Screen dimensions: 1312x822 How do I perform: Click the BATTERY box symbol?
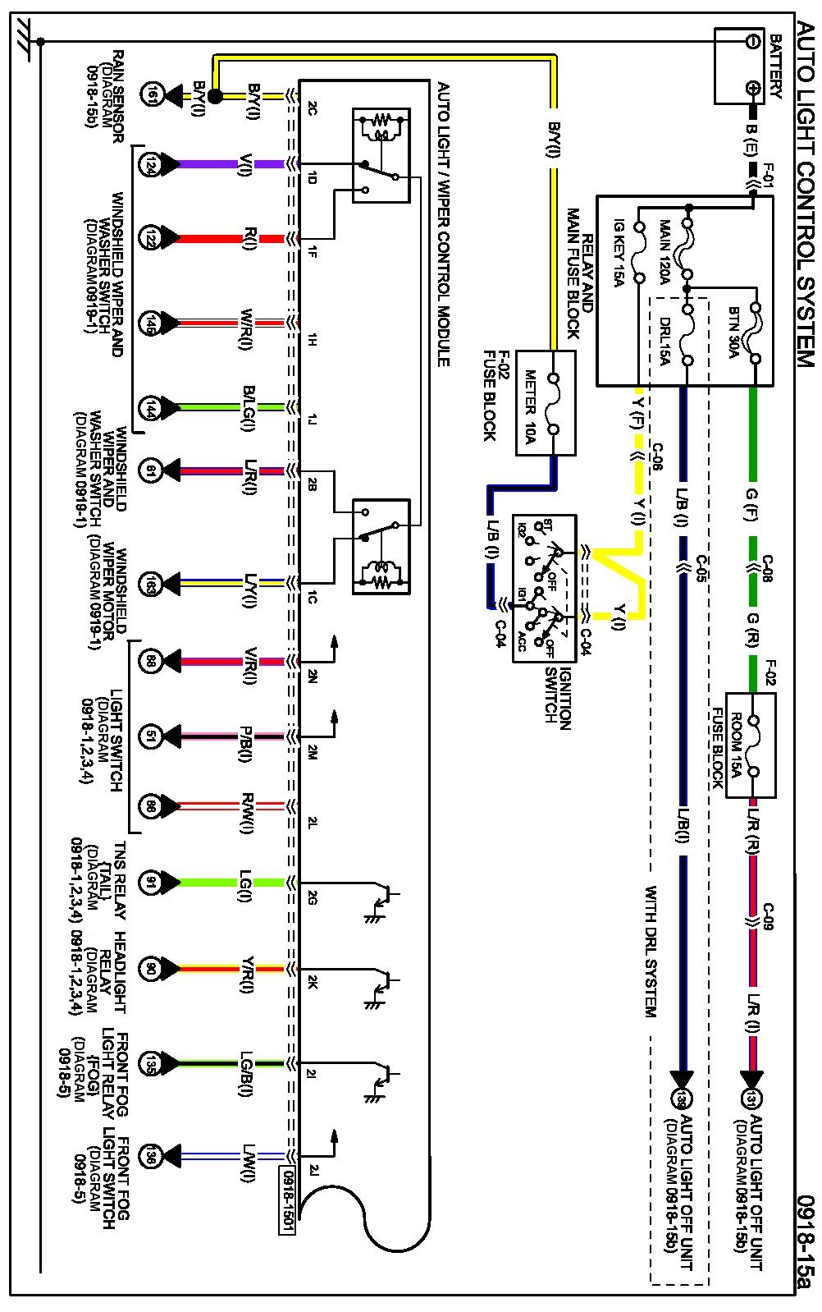(739, 66)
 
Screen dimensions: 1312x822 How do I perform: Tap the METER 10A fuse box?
(546, 404)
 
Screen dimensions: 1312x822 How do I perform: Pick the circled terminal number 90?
(151, 970)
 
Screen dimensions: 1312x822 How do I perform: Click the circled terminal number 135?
(151, 1063)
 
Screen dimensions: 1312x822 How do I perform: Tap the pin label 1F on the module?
(313, 251)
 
